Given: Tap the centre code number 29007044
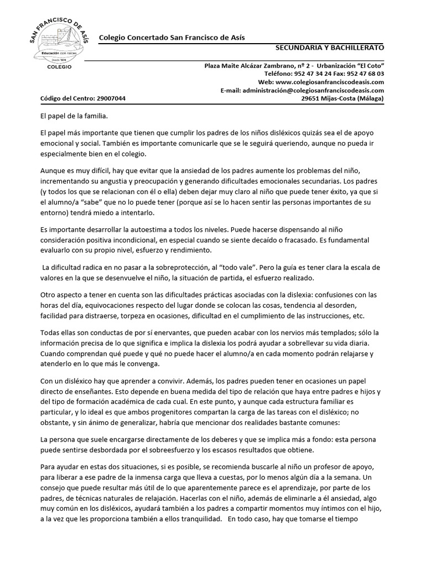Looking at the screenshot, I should (x=111, y=98).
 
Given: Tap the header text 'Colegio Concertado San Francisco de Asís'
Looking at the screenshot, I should (x=172, y=37).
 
